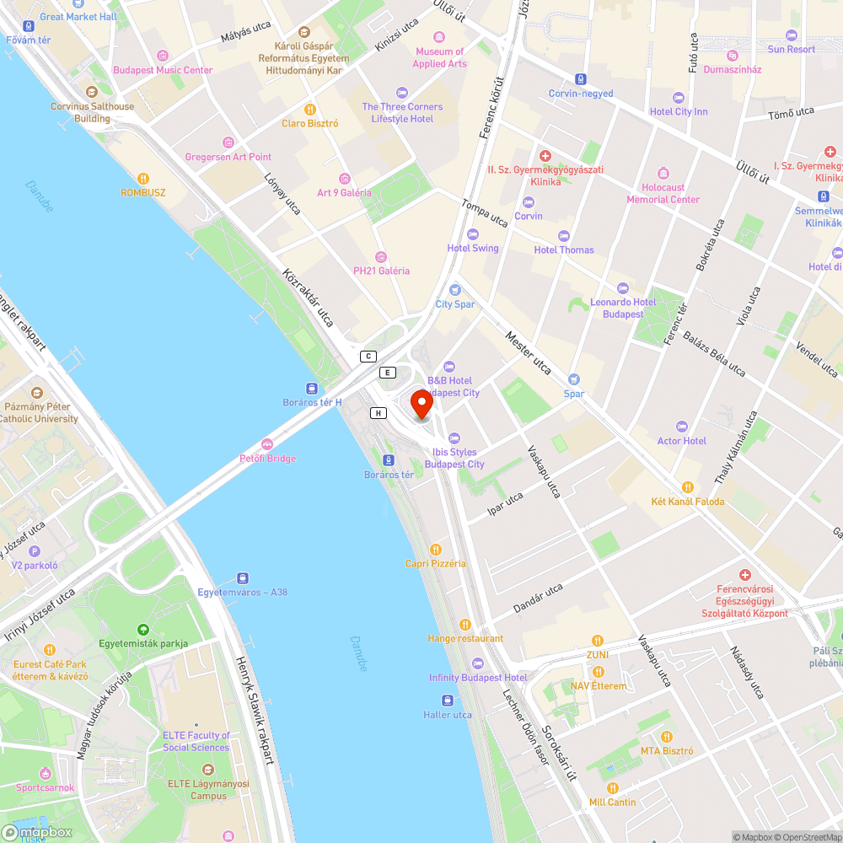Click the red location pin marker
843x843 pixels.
pyautogui.click(x=421, y=404)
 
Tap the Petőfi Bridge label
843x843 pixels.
pyautogui.click(x=266, y=459)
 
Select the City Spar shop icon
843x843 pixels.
pyautogui.click(x=455, y=289)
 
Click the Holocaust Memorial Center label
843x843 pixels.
pyautogui.click(x=663, y=193)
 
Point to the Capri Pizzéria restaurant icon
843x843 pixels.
pyautogui.click(x=436, y=549)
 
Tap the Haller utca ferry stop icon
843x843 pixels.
pyautogui.click(x=447, y=701)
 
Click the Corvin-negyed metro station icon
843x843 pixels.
pyautogui.click(x=581, y=78)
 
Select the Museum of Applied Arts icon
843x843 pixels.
pyautogui.click(x=439, y=37)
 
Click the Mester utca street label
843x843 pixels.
pyautogui.click(x=528, y=353)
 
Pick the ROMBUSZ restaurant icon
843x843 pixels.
pyautogui.click(x=142, y=179)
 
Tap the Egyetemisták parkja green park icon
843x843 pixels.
pyautogui.click(x=142, y=630)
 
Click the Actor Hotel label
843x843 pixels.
pyautogui.click(x=681, y=441)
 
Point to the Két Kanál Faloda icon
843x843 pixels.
pyautogui.click(x=688, y=487)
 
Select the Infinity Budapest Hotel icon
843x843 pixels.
pyautogui.click(x=477, y=663)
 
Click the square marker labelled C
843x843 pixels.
pyautogui.click(x=368, y=357)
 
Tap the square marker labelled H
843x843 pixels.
pyautogui.click(x=379, y=412)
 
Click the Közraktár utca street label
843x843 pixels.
pyautogui.click(x=310, y=298)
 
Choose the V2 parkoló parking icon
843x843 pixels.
pyautogui.click(x=34, y=550)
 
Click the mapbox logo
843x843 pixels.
pyautogui.click(x=38, y=831)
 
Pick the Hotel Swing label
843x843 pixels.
pyautogui.click(x=473, y=248)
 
